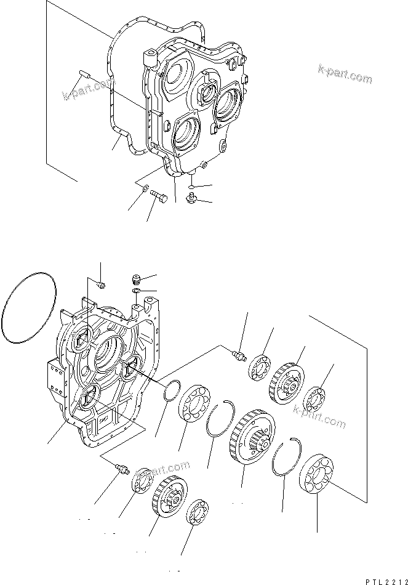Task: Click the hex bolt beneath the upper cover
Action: coord(159,197)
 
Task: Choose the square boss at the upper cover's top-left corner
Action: coord(151,60)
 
